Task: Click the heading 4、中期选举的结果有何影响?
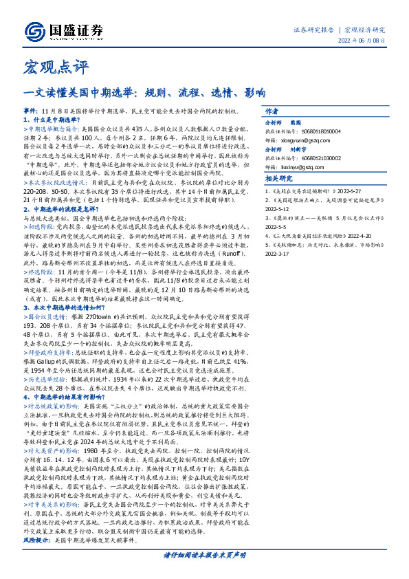(x=68, y=397)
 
